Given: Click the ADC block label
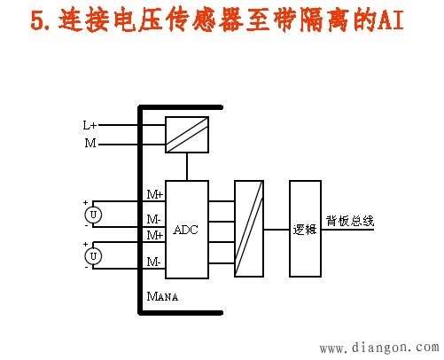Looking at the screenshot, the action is pyautogui.click(x=185, y=230).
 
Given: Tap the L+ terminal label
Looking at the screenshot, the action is pyautogui.click(x=90, y=125).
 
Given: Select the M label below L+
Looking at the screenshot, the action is pyautogui.click(x=90, y=143).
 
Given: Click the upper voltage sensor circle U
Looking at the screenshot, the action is pyautogui.click(x=93, y=215).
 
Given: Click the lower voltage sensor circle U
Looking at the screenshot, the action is pyautogui.click(x=93, y=256).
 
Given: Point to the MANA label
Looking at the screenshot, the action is pyautogui.click(x=162, y=296).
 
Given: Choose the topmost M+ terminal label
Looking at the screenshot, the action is pyautogui.click(x=155, y=194).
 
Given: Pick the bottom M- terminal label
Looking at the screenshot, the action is pyautogui.click(x=154, y=262).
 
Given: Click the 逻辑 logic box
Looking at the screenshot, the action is pyautogui.click(x=305, y=229).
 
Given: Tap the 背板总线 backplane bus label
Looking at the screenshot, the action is pyautogui.click(x=350, y=221).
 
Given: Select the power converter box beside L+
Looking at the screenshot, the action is pyautogui.click(x=187, y=135).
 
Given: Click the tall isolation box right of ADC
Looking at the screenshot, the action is pyautogui.click(x=249, y=229).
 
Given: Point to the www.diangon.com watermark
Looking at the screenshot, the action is pyautogui.click(x=379, y=348).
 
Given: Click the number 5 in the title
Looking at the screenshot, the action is pyautogui.click(x=37, y=20).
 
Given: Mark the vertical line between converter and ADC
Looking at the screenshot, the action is pyautogui.click(x=187, y=167).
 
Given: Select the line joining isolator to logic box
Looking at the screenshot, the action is pyautogui.click(x=277, y=229).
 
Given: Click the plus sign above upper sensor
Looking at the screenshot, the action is pyautogui.click(x=86, y=202).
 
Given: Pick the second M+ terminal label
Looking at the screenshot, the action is pyautogui.click(x=155, y=235).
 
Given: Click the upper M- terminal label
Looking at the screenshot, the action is pyautogui.click(x=154, y=219).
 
